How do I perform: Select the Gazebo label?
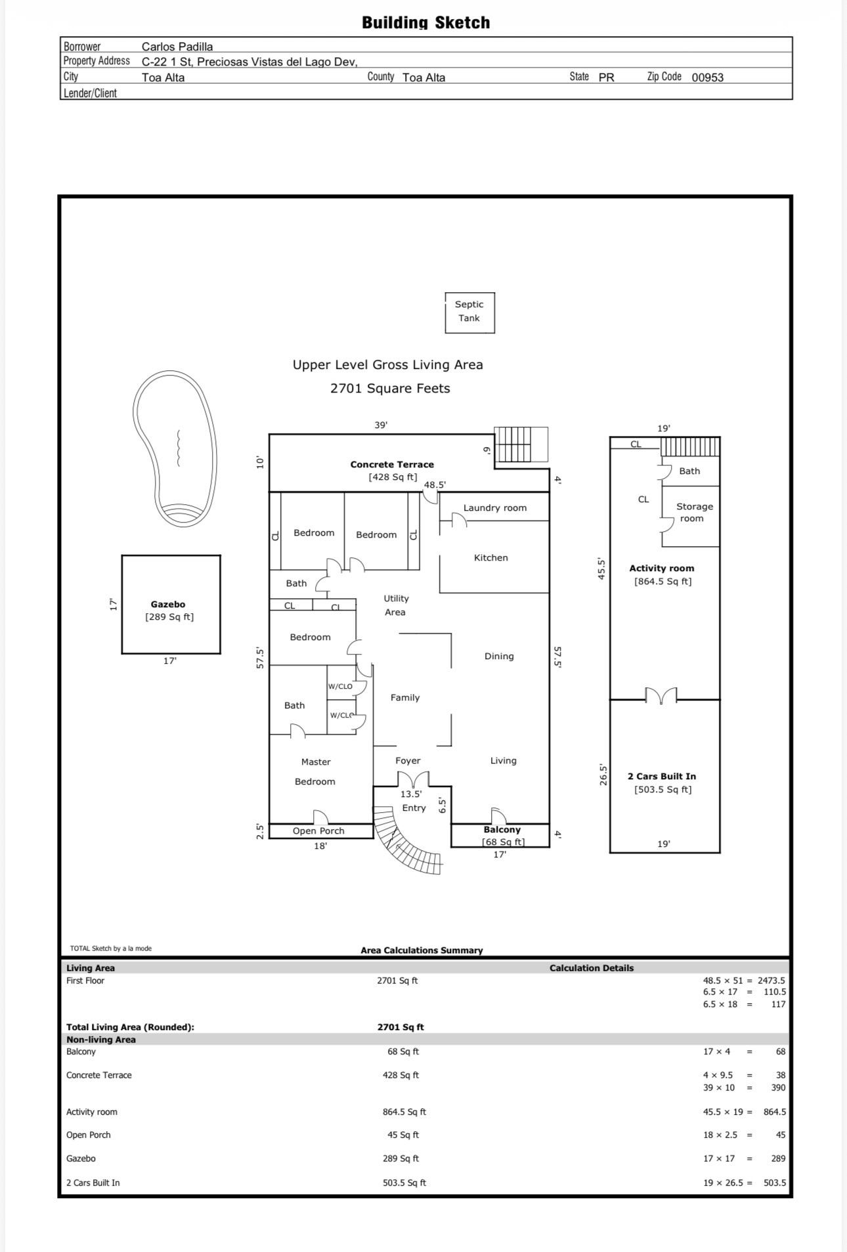pyautogui.click(x=168, y=604)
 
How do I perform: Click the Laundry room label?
pyautogui.click(x=495, y=507)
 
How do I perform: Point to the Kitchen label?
pyautogui.click(x=491, y=557)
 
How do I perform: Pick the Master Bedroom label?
pyautogui.click(x=316, y=771)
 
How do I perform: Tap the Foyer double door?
pyautogui.click(x=413, y=779)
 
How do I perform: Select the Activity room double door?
pyautogui.click(x=661, y=695)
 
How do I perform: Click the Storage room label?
pyautogui.click(x=694, y=512)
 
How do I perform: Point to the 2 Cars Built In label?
pyautogui.click(x=662, y=776)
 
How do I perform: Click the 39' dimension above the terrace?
pyautogui.click(x=381, y=425)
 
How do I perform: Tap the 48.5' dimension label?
pyautogui.click(x=435, y=485)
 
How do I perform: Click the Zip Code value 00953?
pyautogui.click(x=708, y=77)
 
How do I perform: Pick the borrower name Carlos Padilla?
pyautogui.click(x=177, y=47)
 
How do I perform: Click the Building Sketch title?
pyautogui.click(x=426, y=22)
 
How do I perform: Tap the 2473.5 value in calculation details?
pyautogui.click(x=771, y=980)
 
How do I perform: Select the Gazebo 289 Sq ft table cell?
pyautogui.click(x=401, y=1159)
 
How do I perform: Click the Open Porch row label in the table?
pyautogui.click(x=89, y=1135)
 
